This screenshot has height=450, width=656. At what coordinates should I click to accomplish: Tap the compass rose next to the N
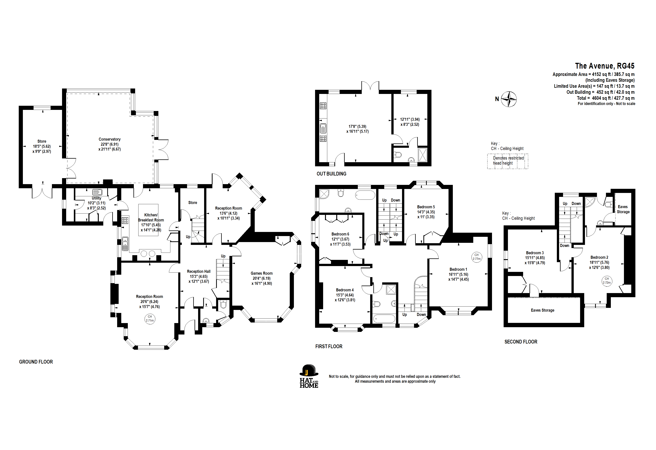pos(509,99)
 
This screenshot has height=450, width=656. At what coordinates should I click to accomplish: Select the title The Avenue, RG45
pos(605,66)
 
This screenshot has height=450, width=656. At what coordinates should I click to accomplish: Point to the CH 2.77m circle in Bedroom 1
pos(476,257)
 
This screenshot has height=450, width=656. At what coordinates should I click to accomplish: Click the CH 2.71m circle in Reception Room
pos(150,319)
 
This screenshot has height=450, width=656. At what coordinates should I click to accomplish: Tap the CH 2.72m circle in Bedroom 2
pos(607,281)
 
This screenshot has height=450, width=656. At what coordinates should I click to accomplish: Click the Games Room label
pos(262,273)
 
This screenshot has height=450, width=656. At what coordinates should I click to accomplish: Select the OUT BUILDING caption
pos(331,174)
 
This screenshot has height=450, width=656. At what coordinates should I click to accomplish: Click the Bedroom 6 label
pos(340,234)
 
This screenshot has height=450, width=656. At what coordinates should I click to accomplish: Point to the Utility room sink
pos(97,192)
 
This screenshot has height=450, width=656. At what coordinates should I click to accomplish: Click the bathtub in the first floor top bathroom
pos(365,195)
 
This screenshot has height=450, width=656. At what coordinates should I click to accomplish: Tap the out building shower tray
pos(423,155)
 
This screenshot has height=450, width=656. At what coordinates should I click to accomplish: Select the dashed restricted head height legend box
pos(508,161)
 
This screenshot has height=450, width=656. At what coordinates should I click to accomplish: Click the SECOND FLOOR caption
pos(521,342)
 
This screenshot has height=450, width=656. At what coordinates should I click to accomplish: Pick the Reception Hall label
pos(199,271)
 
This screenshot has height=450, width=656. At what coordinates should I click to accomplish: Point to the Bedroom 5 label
pos(426,207)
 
